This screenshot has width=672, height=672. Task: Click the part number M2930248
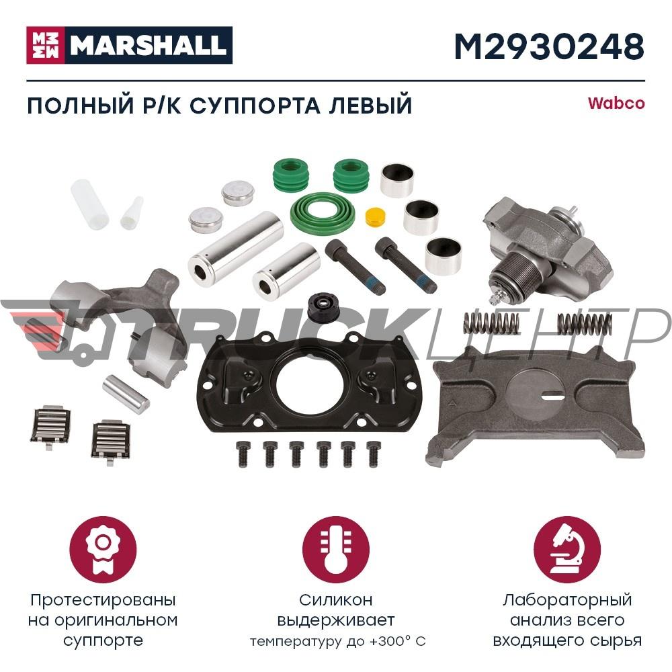click(x=549, y=46)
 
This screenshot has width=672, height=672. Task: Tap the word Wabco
click(x=616, y=103)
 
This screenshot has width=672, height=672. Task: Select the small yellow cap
click(x=374, y=218)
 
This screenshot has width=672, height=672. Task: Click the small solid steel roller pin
click(x=125, y=394)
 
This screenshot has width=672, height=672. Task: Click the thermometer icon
click(x=336, y=550)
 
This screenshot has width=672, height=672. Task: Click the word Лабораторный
click(x=566, y=599)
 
